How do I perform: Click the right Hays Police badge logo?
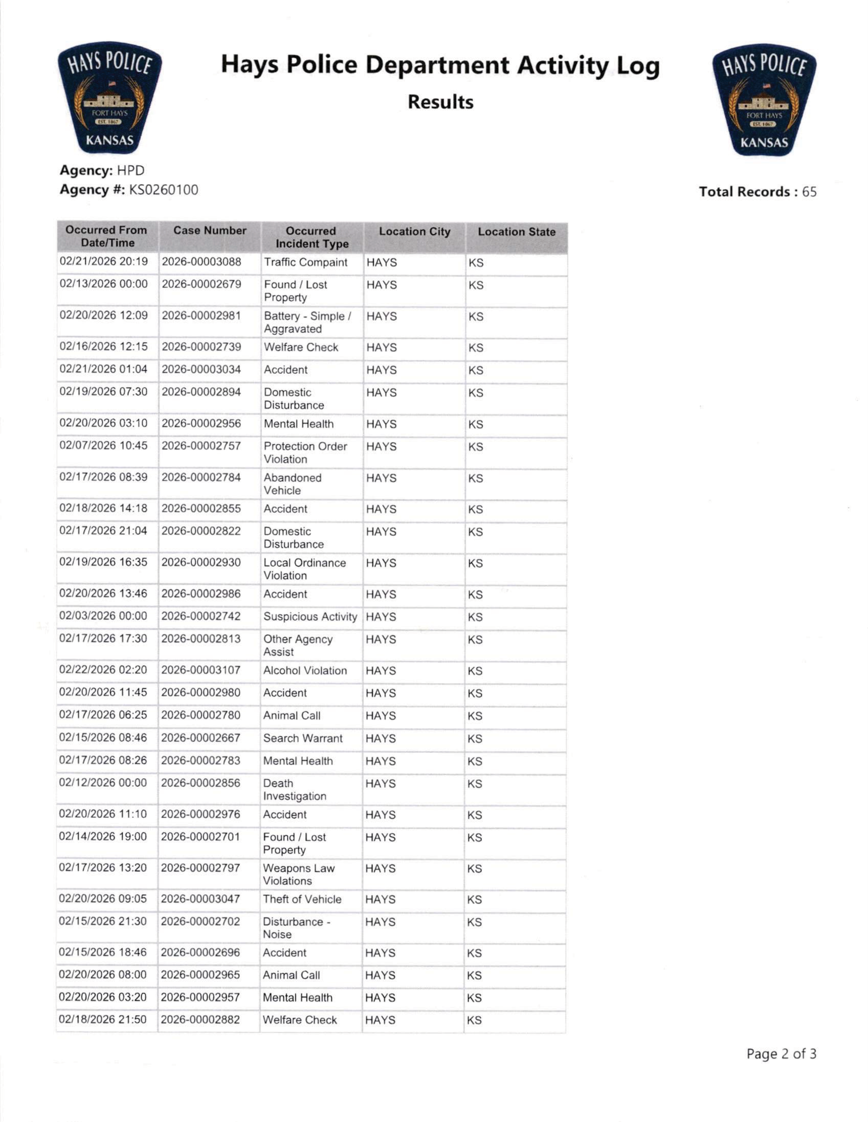(764, 99)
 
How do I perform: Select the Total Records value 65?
(809, 192)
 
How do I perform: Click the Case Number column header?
(210, 231)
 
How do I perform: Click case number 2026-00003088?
(201, 262)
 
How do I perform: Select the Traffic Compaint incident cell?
(306, 262)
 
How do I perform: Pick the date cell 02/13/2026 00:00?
(103, 284)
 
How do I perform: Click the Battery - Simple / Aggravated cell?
(307, 323)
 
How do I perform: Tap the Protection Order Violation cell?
(305, 452)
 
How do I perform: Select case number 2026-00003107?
(201, 671)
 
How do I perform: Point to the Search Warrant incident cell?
(303, 738)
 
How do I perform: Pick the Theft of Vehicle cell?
(302, 899)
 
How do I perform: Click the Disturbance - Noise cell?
(296, 928)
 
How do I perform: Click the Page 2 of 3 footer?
(781, 1054)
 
